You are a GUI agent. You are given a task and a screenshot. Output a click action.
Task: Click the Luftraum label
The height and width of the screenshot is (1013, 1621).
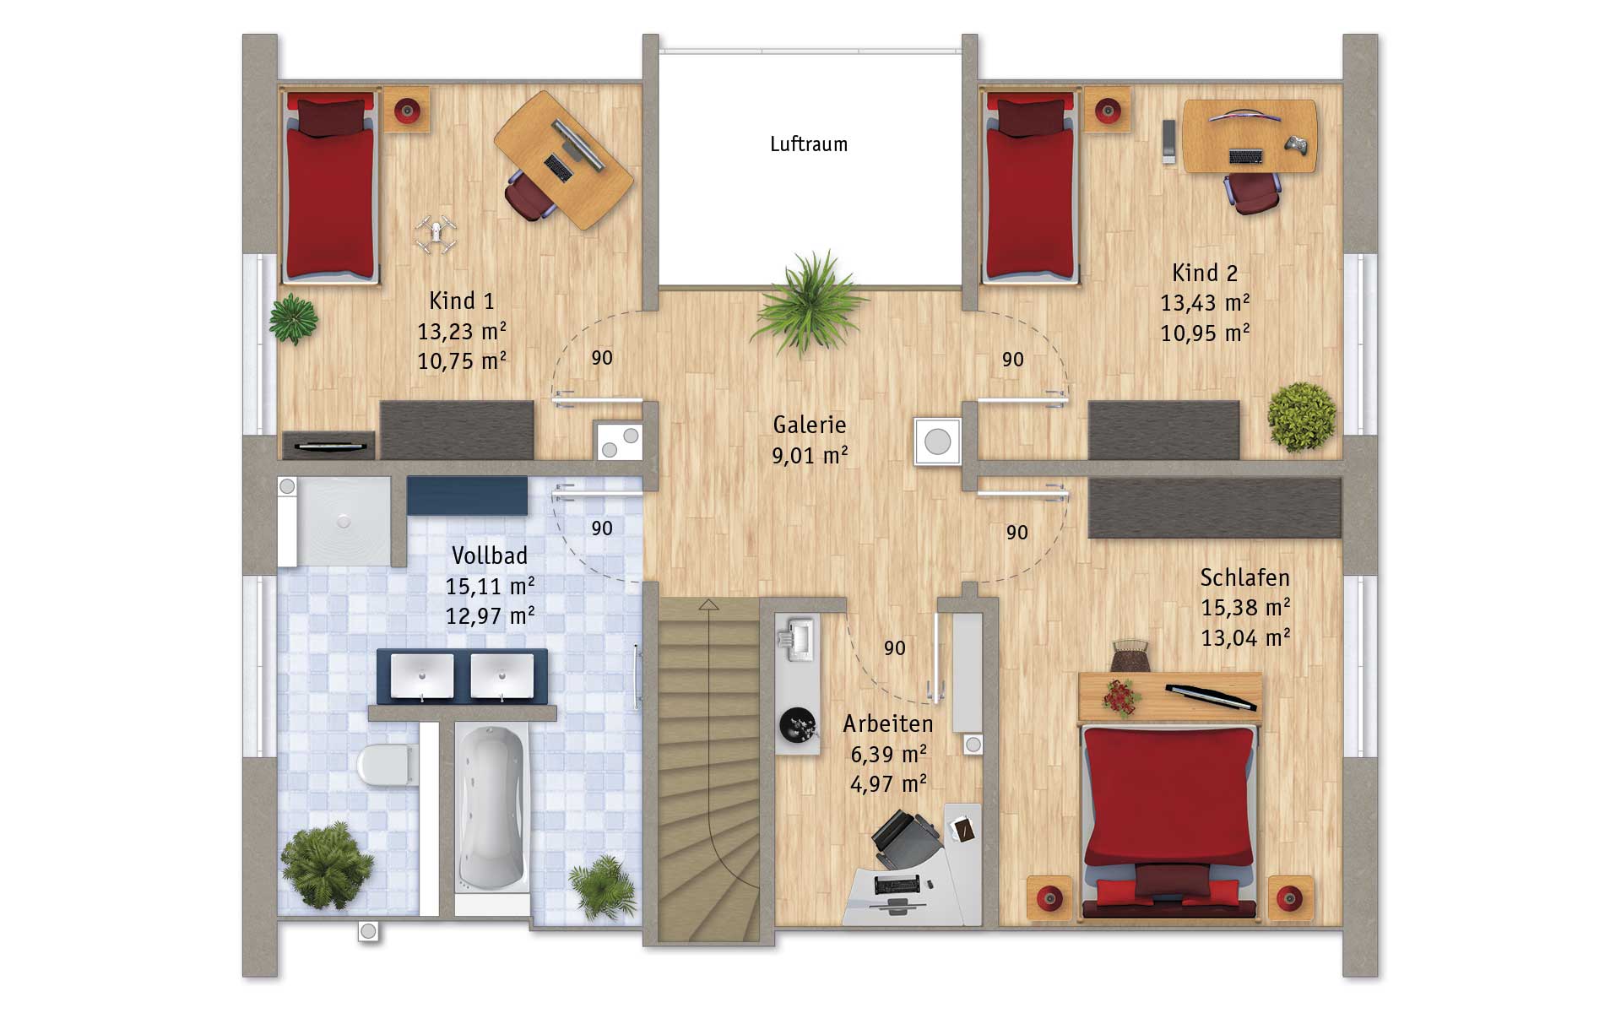[808, 144]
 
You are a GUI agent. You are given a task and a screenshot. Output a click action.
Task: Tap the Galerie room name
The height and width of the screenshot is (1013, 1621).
[809, 425]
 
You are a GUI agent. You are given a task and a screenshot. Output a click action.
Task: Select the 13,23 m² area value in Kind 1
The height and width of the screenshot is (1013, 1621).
[462, 331]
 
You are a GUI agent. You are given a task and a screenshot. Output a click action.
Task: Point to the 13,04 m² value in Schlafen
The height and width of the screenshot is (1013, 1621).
[1245, 637]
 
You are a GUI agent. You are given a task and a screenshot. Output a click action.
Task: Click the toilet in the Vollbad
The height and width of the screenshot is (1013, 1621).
[387, 765]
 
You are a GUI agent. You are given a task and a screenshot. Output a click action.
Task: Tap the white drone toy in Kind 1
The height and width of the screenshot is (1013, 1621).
[436, 234]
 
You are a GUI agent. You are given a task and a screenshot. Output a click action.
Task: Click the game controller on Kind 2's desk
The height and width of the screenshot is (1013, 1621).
[1298, 145]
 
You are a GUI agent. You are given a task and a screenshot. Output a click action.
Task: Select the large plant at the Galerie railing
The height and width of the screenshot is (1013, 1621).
[809, 302]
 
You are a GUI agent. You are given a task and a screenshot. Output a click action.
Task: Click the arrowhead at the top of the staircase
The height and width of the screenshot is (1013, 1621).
[708, 604]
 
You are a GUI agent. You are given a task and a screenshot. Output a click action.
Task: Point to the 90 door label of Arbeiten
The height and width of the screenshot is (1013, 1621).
[894, 648]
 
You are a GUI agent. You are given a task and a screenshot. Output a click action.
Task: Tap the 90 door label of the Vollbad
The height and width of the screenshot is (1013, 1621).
[601, 528]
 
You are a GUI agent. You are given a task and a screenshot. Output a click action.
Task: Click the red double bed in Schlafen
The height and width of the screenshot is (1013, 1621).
[1169, 819]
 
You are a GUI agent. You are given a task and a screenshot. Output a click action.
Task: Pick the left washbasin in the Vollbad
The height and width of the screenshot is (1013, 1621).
[420, 676]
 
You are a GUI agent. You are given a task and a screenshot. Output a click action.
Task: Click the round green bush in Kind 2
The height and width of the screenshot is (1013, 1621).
[1302, 417]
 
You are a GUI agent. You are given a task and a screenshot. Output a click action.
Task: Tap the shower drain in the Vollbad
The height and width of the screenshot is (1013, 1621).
[343, 523]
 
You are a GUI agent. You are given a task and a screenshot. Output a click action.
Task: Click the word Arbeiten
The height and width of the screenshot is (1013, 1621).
[888, 723]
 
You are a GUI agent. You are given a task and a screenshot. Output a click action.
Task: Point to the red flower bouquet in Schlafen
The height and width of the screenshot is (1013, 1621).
[1120, 697]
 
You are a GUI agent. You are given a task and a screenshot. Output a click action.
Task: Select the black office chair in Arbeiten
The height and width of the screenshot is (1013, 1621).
[905, 840]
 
